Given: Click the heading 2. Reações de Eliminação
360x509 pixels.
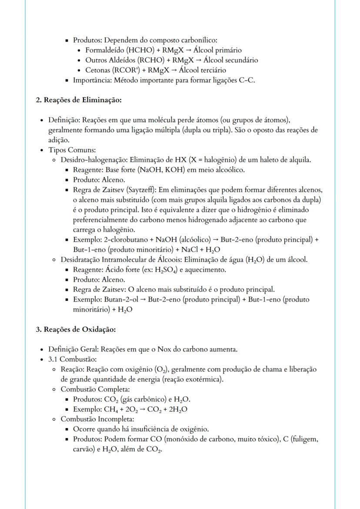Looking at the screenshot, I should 78,100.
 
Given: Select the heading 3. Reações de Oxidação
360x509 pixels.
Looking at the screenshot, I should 76,329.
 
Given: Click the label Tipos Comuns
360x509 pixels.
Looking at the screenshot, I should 69,150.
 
